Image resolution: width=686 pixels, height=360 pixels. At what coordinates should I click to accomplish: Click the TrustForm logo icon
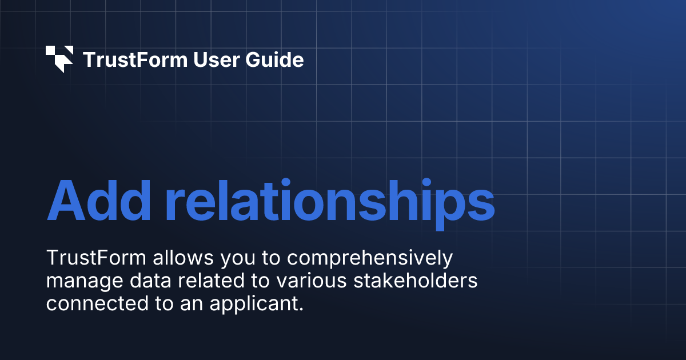click(x=59, y=59)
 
